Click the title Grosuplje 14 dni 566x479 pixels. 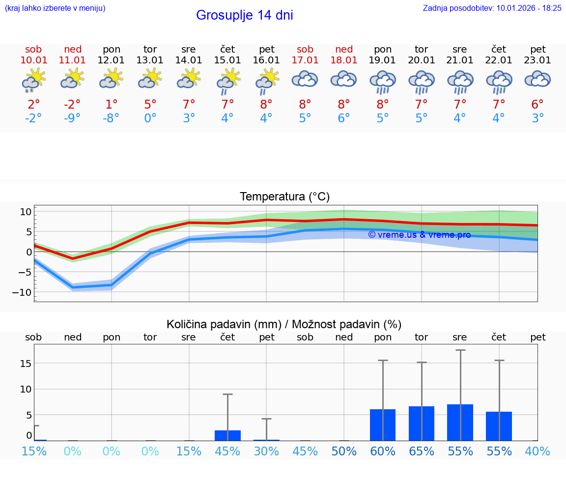(244, 15)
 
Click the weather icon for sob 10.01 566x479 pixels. (33, 80)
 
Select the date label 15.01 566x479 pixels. (227, 60)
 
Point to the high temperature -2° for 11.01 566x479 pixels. (72, 104)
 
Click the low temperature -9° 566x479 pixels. (72, 118)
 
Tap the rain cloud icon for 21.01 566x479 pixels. (460, 81)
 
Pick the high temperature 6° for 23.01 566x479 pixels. (538, 104)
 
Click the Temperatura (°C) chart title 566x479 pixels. (284, 197)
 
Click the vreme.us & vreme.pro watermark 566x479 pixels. (419, 235)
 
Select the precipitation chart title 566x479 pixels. (283, 324)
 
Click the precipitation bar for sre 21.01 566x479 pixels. (460, 423)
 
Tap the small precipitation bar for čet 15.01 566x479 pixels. (227, 435)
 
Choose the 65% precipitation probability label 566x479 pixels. (421, 451)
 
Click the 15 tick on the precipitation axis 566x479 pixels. (26, 363)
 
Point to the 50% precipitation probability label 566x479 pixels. (344, 451)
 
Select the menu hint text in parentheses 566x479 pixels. (55, 8)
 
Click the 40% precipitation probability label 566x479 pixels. (538, 451)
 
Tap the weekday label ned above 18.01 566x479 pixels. (344, 49)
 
